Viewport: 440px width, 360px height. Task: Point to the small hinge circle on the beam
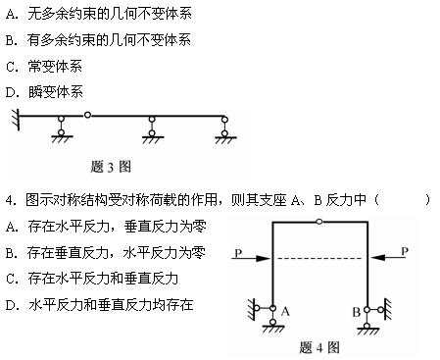87,117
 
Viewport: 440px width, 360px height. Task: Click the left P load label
238,252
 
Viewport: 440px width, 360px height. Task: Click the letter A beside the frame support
287,309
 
